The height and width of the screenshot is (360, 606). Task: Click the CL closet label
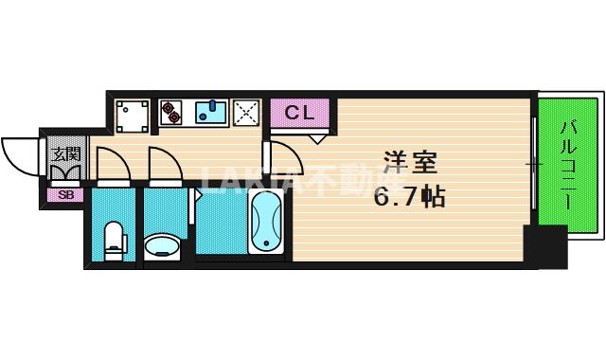299,113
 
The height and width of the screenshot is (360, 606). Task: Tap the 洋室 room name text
410,163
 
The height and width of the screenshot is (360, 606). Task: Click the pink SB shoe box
65,195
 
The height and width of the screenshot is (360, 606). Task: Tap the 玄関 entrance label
65,153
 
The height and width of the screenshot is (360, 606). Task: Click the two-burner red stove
171,114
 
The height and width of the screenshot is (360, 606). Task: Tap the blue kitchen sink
211,114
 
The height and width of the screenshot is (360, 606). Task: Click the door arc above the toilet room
108,163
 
